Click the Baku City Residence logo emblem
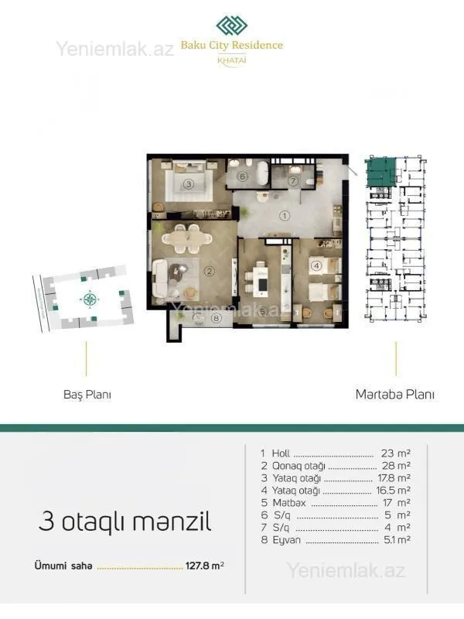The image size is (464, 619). (x=231, y=25)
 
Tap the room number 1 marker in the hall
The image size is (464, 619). (x=285, y=216)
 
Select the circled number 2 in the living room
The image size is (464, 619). (x=209, y=272)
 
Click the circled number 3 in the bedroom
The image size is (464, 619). (x=189, y=184)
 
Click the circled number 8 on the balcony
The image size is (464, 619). (x=217, y=317)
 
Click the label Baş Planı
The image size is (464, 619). (x=87, y=395)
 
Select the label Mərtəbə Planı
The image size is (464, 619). (x=394, y=395)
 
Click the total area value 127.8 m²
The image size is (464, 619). (x=205, y=566)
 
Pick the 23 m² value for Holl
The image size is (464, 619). (x=396, y=453)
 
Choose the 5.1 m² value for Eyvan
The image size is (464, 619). (x=397, y=540)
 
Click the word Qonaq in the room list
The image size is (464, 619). (x=287, y=467)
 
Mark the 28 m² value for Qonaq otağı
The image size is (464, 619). (x=396, y=467)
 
